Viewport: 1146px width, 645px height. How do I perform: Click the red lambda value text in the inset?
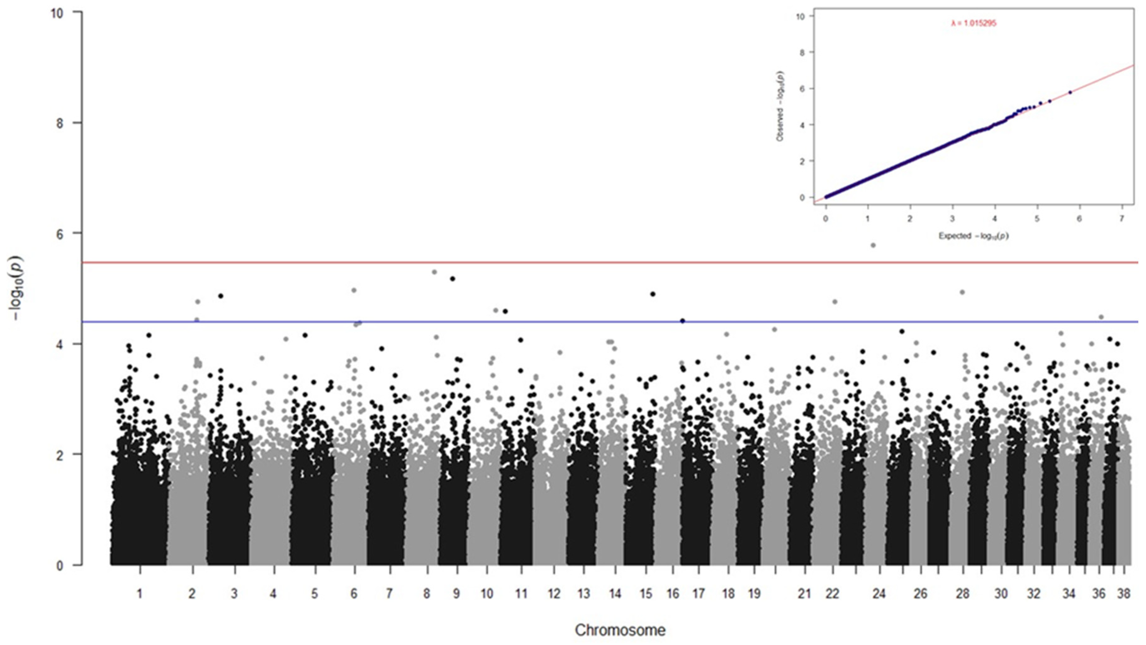click(973, 24)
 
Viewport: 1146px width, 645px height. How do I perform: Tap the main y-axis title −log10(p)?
click(17, 288)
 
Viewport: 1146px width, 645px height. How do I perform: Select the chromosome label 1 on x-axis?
click(140, 593)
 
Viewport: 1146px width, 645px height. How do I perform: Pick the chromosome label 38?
click(1124, 593)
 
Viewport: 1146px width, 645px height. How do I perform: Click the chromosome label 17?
click(699, 593)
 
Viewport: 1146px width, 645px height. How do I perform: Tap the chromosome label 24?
click(879, 593)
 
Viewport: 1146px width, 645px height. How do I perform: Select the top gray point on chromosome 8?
click(435, 272)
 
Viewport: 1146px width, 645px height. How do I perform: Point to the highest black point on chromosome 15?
click(653, 294)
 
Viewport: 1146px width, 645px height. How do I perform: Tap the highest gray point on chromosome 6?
click(354, 290)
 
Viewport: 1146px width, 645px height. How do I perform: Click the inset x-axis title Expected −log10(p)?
click(973, 236)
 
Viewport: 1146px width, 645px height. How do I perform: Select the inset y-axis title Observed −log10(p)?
click(780, 107)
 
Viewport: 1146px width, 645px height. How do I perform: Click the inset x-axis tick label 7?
click(1121, 219)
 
